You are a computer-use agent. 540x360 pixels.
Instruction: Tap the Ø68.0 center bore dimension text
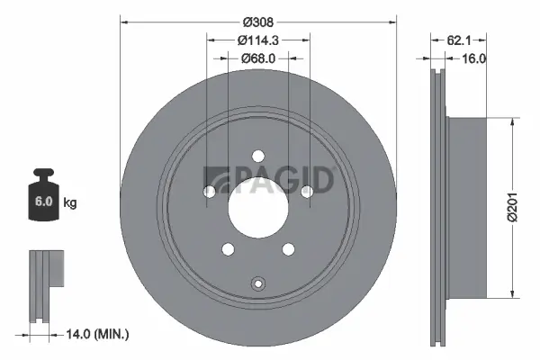click(x=258, y=58)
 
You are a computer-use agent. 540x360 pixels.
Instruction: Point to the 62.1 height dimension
click(x=460, y=39)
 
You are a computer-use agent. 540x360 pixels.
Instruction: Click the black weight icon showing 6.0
click(x=42, y=193)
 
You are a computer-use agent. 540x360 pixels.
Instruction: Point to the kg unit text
click(x=69, y=203)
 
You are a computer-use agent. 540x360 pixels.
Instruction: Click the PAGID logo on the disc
click(x=270, y=178)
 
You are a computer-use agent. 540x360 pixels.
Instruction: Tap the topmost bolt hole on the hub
click(x=257, y=154)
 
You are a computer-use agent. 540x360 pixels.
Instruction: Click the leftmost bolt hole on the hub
click(x=210, y=191)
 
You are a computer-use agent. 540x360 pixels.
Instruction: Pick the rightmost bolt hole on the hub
click(x=306, y=191)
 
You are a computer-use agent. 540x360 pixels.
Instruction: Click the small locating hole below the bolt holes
click(x=257, y=281)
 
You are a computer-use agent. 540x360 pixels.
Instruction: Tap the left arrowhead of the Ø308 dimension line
click(x=123, y=21)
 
